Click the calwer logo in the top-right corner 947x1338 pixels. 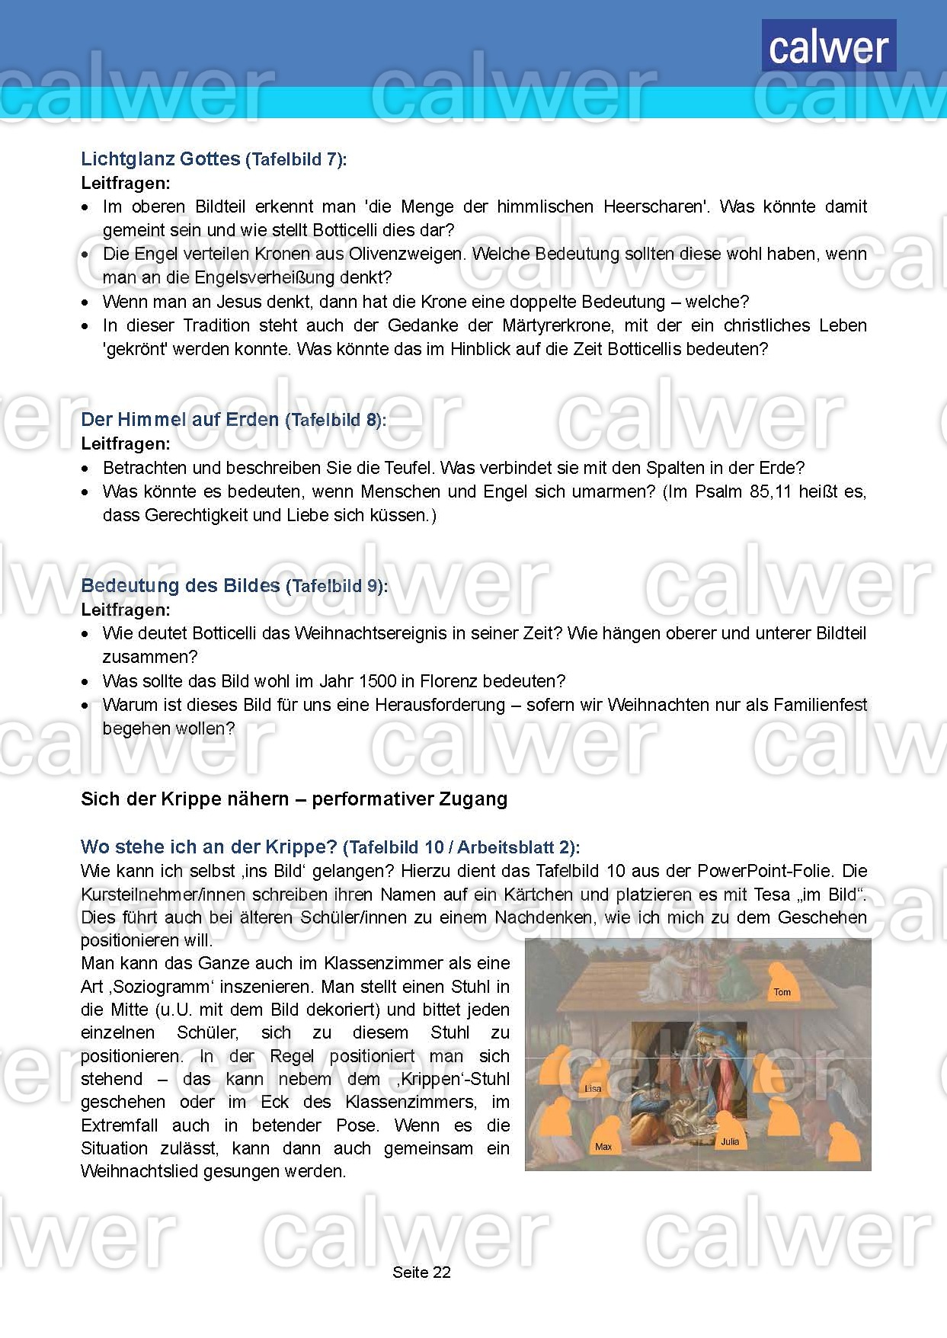pyautogui.click(x=828, y=46)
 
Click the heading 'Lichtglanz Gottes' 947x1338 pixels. pyautogui.click(x=161, y=159)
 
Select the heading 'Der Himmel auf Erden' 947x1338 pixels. pyautogui.click(x=180, y=420)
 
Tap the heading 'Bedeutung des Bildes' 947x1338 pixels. pyautogui.click(x=181, y=586)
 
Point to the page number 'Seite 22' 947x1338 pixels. pyautogui.click(x=421, y=1272)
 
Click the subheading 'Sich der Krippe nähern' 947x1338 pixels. pyautogui.click(x=184, y=799)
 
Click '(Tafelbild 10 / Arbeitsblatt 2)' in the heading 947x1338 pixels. pyautogui.click(x=461, y=847)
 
